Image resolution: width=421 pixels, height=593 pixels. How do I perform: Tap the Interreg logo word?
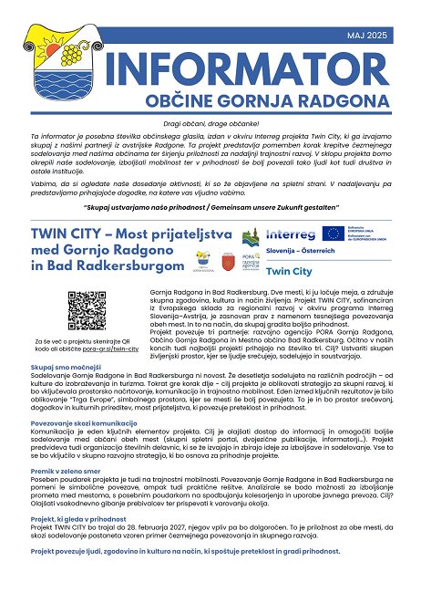pos(293,234)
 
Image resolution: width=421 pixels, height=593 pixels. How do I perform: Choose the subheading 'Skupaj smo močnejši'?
pos(60,366)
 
